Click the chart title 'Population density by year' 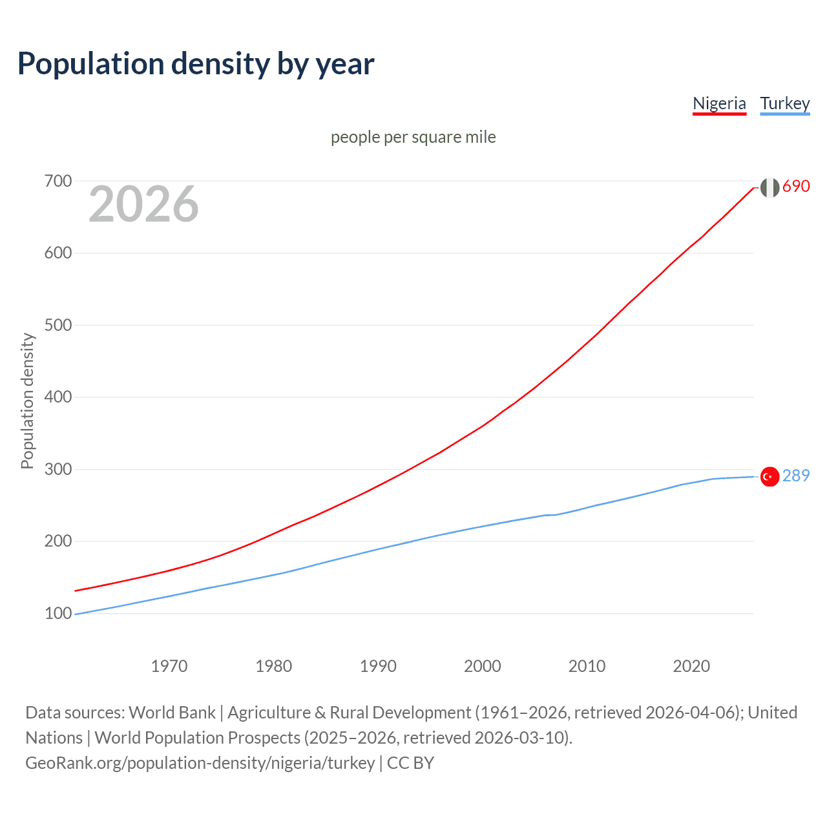[196, 64]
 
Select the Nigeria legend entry [719, 103]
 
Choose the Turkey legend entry [784, 103]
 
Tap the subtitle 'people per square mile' [413, 137]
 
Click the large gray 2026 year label [143, 204]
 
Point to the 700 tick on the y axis [58, 181]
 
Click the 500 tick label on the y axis [58, 325]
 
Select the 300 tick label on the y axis [58, 469]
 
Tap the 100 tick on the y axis [58, 613]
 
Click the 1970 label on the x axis [169, 666]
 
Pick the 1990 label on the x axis [378, 666]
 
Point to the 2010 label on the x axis [587, 666]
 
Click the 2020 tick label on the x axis [691, 666]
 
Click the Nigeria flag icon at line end [769, 187]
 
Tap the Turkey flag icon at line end [769, 477]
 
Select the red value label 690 [796, 186]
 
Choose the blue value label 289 [796, 476]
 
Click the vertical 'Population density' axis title [27, 401]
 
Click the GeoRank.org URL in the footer [200, 763]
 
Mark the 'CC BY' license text [410, 763]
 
